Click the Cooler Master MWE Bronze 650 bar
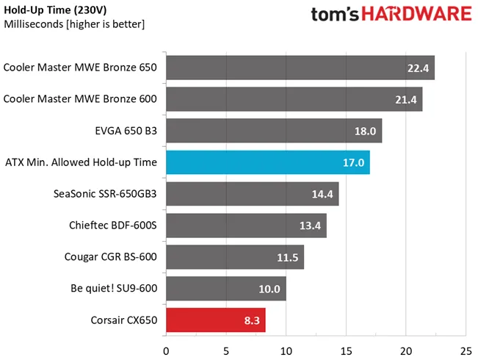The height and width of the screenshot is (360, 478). click(x=300, y=68)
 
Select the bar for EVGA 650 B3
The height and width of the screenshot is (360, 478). click(x=273, y=131)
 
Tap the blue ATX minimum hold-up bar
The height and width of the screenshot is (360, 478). click(x=267, y=162)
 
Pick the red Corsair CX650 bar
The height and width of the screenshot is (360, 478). click(x=215, y=320)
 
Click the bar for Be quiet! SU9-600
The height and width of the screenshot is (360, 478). click(x=225, y=289)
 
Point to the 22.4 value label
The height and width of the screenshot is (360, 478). click(x=418, y=68)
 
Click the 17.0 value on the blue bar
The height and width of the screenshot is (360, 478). click(x=353, y=162)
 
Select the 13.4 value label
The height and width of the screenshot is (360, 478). click(x=310, y=226)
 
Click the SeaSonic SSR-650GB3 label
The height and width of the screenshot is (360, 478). click(x=105, y=194)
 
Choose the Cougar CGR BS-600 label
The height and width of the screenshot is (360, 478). click(x=110, y=257)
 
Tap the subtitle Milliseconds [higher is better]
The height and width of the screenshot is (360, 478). click(x=74, y=24)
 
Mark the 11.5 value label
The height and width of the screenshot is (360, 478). click(x=287, y=257)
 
